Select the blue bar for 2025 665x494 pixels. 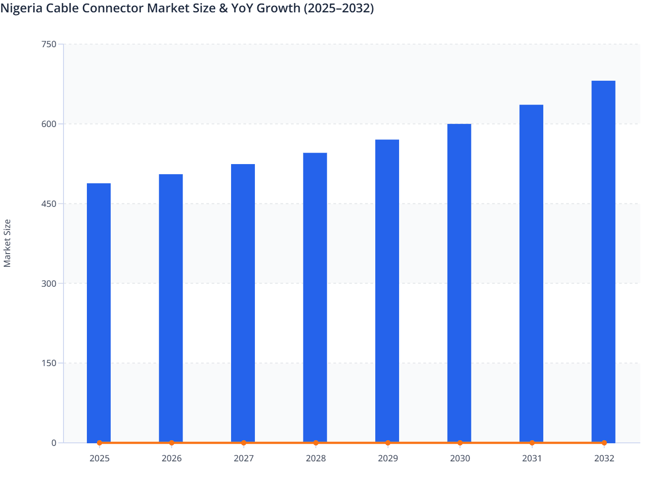tap(99, 313)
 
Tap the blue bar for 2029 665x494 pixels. tap(387, 291)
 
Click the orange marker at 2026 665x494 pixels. tap(172, 443)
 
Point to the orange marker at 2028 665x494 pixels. tap(316, 443)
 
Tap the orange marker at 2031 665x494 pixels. tap(532, 443)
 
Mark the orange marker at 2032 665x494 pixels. tap(604, 443)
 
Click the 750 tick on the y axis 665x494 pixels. tap(49, 44)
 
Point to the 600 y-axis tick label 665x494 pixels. tap(49, 124)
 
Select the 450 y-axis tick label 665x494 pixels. tap(49, 204)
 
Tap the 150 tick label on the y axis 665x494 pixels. tap(49, 363)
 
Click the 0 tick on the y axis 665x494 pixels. tap(54, 443)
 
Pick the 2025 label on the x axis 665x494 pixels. tap(99, 458)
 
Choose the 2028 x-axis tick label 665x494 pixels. tap(316, 458)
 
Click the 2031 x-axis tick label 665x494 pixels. tap(532, 458)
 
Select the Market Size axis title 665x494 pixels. tap(7, 243)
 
